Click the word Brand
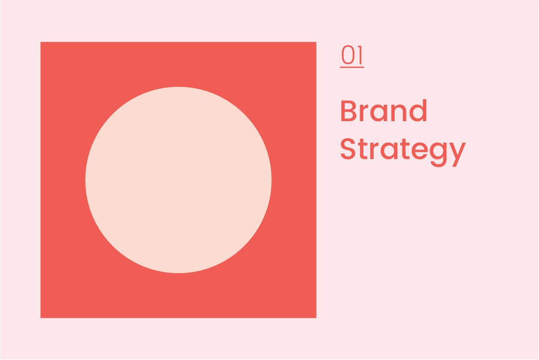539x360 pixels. pos(383,111)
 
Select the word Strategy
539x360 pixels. pos(403,150)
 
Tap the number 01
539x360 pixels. pos(352,56)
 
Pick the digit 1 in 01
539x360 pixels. pos(360,56)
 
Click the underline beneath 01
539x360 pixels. pos(352,67)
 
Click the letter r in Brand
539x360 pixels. pos(365,114)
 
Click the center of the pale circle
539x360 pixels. pos(178,180)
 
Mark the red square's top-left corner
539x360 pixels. pos(41,42)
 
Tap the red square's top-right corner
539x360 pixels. pos(316,42)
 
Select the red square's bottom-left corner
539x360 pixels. pos(41,317)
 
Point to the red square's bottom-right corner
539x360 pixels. pos(316,317)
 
